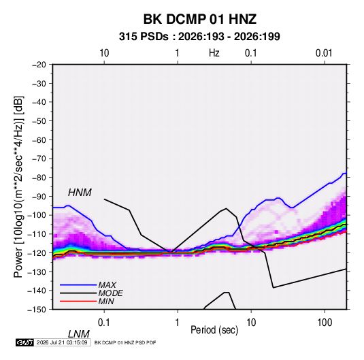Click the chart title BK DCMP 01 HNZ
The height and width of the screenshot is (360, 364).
click(x=200, y=19)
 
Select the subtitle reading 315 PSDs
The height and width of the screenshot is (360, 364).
click(x=144, y=37)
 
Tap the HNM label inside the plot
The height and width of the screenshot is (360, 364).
click(x=80, y=193)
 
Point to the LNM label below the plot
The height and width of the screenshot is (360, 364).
click(x=78, y=334)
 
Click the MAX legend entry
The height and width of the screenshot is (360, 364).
click(x=107, y=285)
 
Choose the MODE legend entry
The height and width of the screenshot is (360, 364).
click(x=110, y=293)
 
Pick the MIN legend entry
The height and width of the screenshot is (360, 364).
click(x=106, y=301)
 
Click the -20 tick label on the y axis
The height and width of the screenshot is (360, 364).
click(x=39, y=65)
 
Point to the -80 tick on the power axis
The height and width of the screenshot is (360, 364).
click(x=39, y=178)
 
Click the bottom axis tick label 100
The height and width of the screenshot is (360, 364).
click(x=325, y=323)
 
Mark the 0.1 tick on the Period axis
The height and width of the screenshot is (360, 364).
click(x=103, y=323)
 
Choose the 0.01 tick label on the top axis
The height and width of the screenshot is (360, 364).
click(x=324, y=53)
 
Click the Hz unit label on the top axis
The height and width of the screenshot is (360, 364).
click(x=214, y=53)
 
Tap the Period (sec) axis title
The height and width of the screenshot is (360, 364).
click(x=214, y=330)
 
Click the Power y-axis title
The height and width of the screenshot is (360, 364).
click(x=18, y=187)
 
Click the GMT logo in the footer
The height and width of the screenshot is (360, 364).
click(x=24, y=342)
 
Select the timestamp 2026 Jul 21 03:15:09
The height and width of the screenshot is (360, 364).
click(x=62, y=342)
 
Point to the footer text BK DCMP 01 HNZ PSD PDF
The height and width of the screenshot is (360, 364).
click(x=125, y=342)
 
